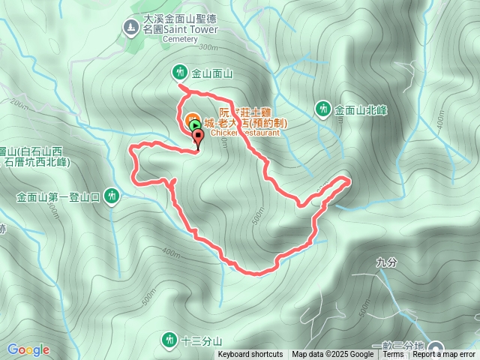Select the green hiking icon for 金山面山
click(180, 73)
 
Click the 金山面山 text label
click(213, 73)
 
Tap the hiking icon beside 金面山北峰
click(323, 109)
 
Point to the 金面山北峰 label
click(361, 110)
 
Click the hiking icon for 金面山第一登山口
click(112, 196)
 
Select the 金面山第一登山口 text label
click(58, 197)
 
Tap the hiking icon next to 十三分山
click(169, 340)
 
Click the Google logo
click(28, 349)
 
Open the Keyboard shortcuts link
click(250, 355)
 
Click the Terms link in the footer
click(393, 355)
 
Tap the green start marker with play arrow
click(194, 125)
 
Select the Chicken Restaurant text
click(244, 133)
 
